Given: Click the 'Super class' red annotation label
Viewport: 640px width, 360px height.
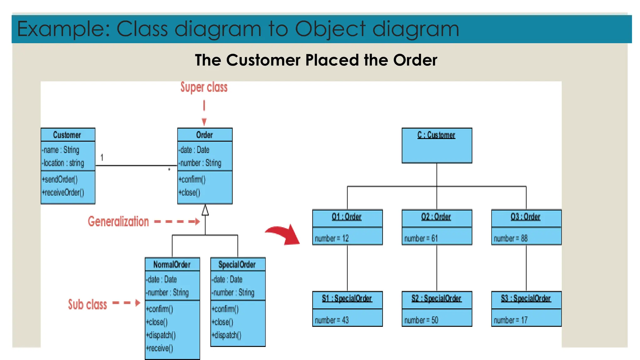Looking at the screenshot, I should pyautogui.click(x=204, y=87).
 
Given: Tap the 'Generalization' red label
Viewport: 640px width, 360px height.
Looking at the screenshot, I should pyautogui.click(x=118, y=222).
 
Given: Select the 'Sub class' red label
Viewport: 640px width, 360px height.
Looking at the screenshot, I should pyautogui.click(x=87, y=304).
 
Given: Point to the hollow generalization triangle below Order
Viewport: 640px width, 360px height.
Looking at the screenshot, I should pyautogui.click(x=205, y=210).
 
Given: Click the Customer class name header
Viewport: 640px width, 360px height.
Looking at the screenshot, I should pyautogui.click(x=67, y=135).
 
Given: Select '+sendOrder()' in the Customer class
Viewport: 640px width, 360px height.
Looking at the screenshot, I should pyautogui.click(x=60, y=179).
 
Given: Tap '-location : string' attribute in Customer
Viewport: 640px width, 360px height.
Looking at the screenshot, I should pyautogui.click(x=63, y=163).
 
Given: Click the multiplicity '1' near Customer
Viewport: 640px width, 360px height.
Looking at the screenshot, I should pyautogui.click(x=102, y=157).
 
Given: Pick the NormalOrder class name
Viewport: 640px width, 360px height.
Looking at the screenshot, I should pyautogui.click(x=172, y=265).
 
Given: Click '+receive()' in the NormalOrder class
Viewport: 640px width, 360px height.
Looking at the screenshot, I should pyautogui.click(x=159, y=348).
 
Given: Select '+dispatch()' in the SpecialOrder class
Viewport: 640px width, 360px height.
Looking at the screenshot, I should pyautogui.click(x=226, y=335).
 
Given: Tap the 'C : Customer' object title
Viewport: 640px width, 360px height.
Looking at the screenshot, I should pyautogui.click(x=436, y=135).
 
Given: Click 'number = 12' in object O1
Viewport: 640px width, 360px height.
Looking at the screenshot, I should pyautogui.click(x=332, y=238).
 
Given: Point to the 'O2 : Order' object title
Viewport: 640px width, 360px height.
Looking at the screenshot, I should pyautogui.click(x=436, y=217).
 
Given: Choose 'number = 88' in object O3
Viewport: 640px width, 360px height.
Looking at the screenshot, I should pyautogui.click(x=511, y=238).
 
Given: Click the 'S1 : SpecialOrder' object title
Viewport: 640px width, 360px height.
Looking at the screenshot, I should pyautogui.click(x=347, y=298).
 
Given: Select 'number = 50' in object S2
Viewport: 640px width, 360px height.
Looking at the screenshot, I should pyautogui.click(x=421, y=320).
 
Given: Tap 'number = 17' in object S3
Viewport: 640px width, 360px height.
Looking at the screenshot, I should pyautogui.click(x=511, y=320).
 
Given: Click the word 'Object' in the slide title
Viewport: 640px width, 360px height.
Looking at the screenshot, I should pyautogui.click(x=330, y=29).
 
